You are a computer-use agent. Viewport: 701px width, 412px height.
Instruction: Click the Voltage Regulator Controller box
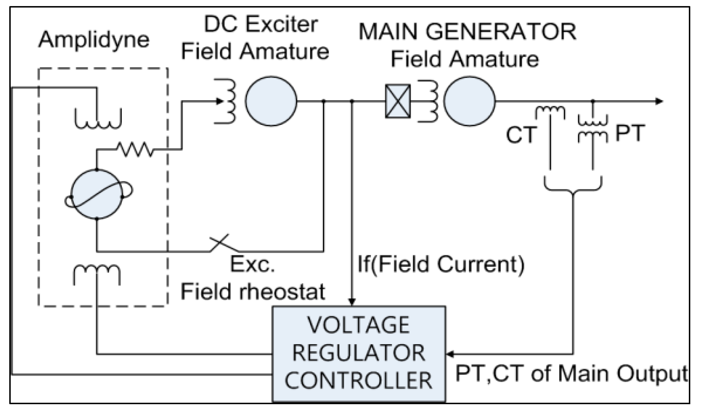click(x=359, y=354)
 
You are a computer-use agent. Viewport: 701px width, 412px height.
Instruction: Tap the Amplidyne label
click(x=94, y=40)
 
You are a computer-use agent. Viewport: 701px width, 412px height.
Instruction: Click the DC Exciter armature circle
click(x=271, y=101)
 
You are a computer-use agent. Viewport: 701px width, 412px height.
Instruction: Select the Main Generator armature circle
click(x=469, y=101)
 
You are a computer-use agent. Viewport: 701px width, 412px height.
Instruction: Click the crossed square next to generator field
click(x=398, y=101)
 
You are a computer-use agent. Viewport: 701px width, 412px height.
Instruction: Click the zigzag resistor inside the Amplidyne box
click(x=135, y=149)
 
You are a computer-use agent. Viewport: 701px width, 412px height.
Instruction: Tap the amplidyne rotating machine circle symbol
click(x=97, y=194)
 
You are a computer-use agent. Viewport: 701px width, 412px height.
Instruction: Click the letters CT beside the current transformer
click(x=521, y=135)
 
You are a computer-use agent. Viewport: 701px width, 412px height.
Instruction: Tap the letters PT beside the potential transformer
click(x=630, y=133)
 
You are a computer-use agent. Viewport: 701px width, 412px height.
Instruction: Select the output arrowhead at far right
click(x=659, y=101)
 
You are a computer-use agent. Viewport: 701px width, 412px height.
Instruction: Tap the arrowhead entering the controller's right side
click(x=450, y=354)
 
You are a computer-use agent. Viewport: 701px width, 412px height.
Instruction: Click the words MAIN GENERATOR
click(x=467, y=32)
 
